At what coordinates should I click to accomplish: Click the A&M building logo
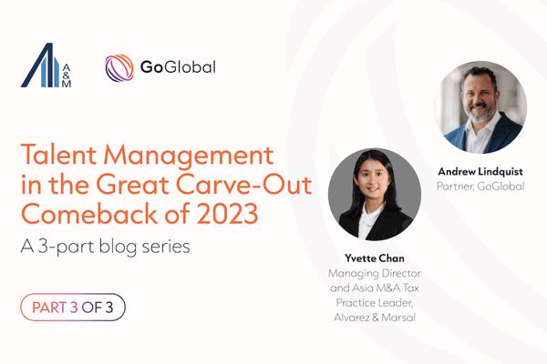46,66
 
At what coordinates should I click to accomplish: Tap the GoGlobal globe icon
119,67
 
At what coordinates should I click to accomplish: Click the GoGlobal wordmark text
178,67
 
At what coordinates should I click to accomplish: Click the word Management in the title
188,156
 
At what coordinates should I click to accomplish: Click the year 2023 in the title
227,214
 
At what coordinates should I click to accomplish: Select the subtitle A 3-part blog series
105,247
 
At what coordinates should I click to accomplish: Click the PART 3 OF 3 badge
73,308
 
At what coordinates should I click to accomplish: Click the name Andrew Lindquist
480,171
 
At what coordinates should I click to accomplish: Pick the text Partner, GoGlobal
480,186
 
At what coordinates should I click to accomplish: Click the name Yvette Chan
375,258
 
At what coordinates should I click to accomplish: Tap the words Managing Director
375,273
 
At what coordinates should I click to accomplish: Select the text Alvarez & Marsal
375,318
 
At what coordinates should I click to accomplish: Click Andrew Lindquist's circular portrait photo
480,107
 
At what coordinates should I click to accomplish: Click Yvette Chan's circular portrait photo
375,194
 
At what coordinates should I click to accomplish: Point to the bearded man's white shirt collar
481,131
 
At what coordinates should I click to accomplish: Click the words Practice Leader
375,302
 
